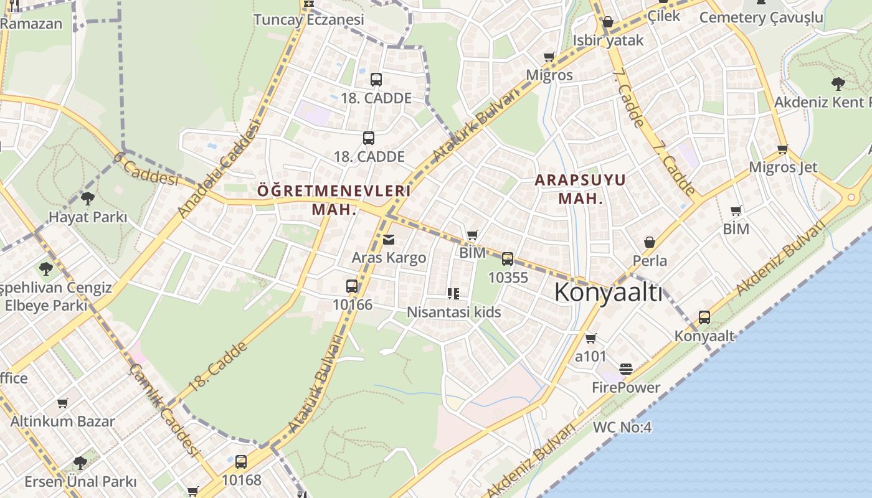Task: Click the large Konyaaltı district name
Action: coord(608,292)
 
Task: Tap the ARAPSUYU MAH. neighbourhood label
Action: coord(581,189)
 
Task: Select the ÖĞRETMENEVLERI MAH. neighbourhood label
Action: coord(334,199)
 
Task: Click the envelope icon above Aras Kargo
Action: coord(389,240)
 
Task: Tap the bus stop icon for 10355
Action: coord(508,259)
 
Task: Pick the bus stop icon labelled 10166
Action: coord(352,286)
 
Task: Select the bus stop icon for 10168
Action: coord(241,462)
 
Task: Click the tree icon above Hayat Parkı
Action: coord(87,199)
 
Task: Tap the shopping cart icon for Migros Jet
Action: coord(783,149)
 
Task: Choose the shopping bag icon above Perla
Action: coord(650,242)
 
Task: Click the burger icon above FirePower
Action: coord(626,369)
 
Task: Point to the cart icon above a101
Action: coord(590,338)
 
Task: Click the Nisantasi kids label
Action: coord(453,312)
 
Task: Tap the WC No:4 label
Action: coord(622,427)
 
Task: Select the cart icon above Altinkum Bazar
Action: coord(62,403)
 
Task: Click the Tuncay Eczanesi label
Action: coord(308,19)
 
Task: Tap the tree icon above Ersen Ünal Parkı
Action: coord(80,463)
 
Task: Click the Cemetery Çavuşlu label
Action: coord(761,17)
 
